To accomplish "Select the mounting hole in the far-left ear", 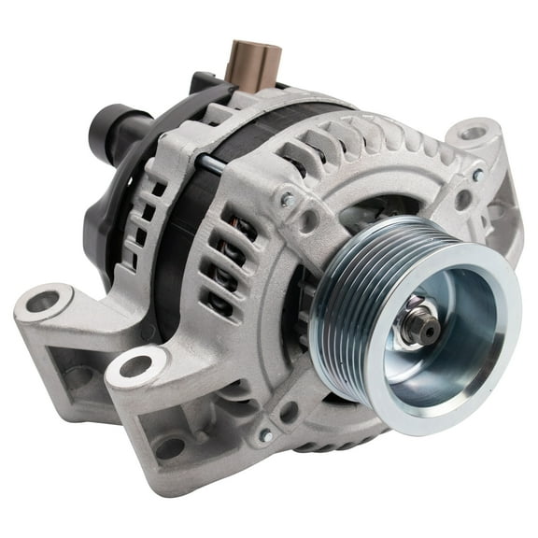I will [42, 302].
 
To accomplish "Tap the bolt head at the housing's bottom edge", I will [266, 435].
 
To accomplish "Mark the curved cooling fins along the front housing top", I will [374, 140].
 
